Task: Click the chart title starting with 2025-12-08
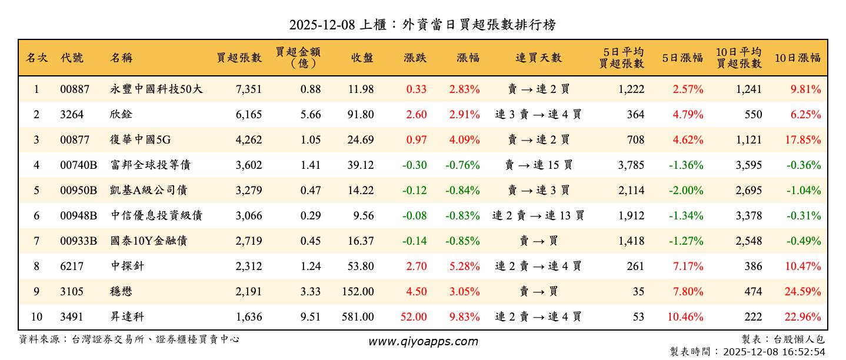click(x=422, y=25)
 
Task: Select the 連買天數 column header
click(x=538, y=58)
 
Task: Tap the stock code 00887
click(x=75, y=89)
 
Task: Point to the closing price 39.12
click(x=360, y=165)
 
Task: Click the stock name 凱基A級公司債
click(x=149, y=191)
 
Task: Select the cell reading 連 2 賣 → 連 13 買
click(x=538, y=216)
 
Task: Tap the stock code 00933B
click(x=78, y=241)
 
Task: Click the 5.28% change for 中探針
click(x=464, y=266)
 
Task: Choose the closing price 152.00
click(x=357, y=292)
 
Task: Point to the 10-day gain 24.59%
click(x=802, y=292)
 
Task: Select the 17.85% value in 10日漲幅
click(x=802, y=140)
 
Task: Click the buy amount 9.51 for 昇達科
click(x=311, y=317)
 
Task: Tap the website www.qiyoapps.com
click(x=423, y=341)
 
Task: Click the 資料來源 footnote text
click(x=129, y=339)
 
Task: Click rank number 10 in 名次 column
click(x=36, y=317)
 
